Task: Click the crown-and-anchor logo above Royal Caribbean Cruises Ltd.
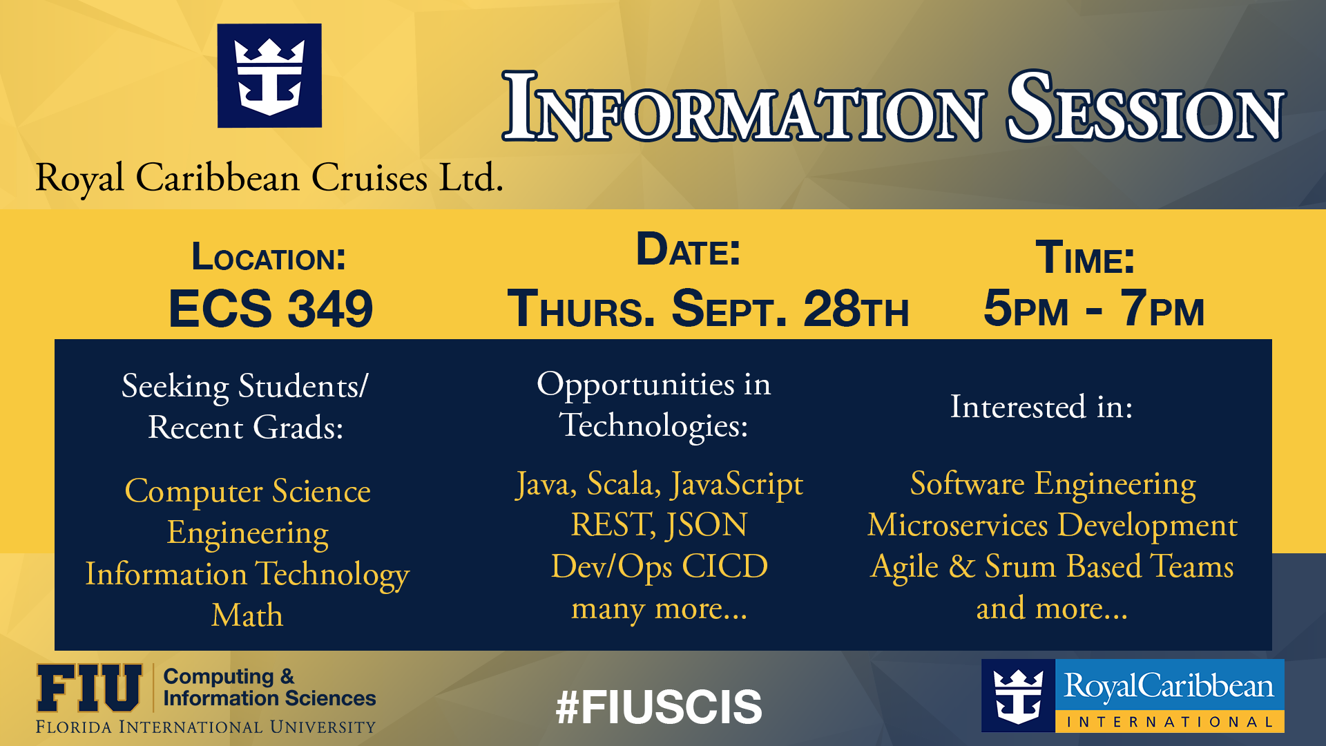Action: click(x=269, y=76)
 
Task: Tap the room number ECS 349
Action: click(x=271, y=308)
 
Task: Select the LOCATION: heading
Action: click(x=269, y=257)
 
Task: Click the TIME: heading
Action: click(x=1085, y=258)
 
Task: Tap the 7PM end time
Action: click(x=1163, y=308)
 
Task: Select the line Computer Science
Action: click(x=248, y=492)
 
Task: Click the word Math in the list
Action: click(x=247, y=615)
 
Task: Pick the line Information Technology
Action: click(x=247, y=575)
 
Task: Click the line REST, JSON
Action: click(x=659, y=526)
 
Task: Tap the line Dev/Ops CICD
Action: click(x=660, y=566)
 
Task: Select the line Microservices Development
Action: click(x=1053, y=526)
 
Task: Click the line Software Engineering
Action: click(x=1053, y=484)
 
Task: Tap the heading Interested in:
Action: click(x=1041, y=406)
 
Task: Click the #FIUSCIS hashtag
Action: click(x=659, y=707)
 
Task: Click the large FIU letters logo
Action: click(x=89, y=688)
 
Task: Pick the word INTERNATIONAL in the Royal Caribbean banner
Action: click(x=1170, y=723)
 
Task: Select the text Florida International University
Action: click(x=206, y=727)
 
